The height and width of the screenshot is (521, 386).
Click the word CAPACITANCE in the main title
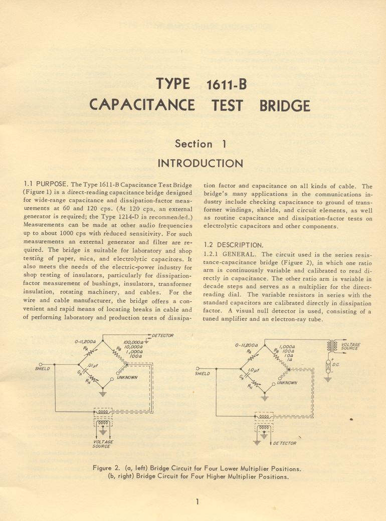tap(142, 106)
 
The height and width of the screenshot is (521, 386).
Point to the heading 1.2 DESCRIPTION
tap(232, 245)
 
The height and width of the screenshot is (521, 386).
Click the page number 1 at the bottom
tap(198, 501)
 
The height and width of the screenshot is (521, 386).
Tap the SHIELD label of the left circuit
tap(42, 369)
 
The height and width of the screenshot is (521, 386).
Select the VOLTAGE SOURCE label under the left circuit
tap(103, 444)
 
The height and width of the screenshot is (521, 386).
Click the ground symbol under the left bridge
tap(103, 393)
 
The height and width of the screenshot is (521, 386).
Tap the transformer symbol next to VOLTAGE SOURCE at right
tap(331, 346)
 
